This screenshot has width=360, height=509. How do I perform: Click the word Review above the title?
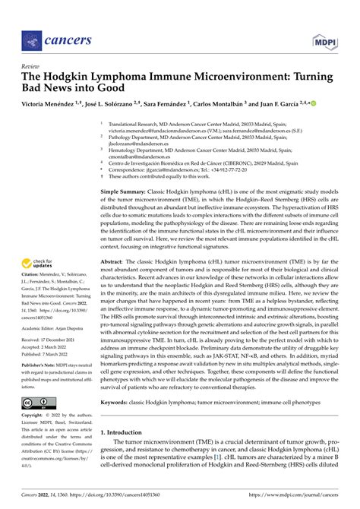tap(32, 67)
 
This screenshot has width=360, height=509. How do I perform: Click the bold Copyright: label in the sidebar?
tap(36, 418)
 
